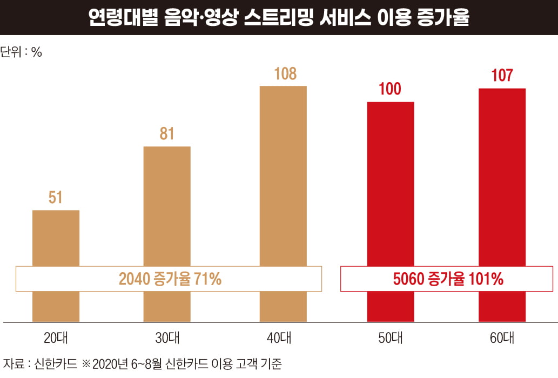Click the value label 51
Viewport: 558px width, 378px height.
[56, 197]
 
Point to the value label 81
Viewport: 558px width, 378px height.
[167, 133]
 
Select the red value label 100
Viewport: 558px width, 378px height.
[390, 89]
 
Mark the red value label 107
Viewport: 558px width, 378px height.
[502, 75]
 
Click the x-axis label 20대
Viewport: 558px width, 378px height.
[56, 339]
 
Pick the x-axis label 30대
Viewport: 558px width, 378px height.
[167, 339]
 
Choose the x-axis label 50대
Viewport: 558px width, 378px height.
[391, 339]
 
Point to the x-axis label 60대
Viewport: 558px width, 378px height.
[502, 339]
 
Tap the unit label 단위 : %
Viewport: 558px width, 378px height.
[21, 52]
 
